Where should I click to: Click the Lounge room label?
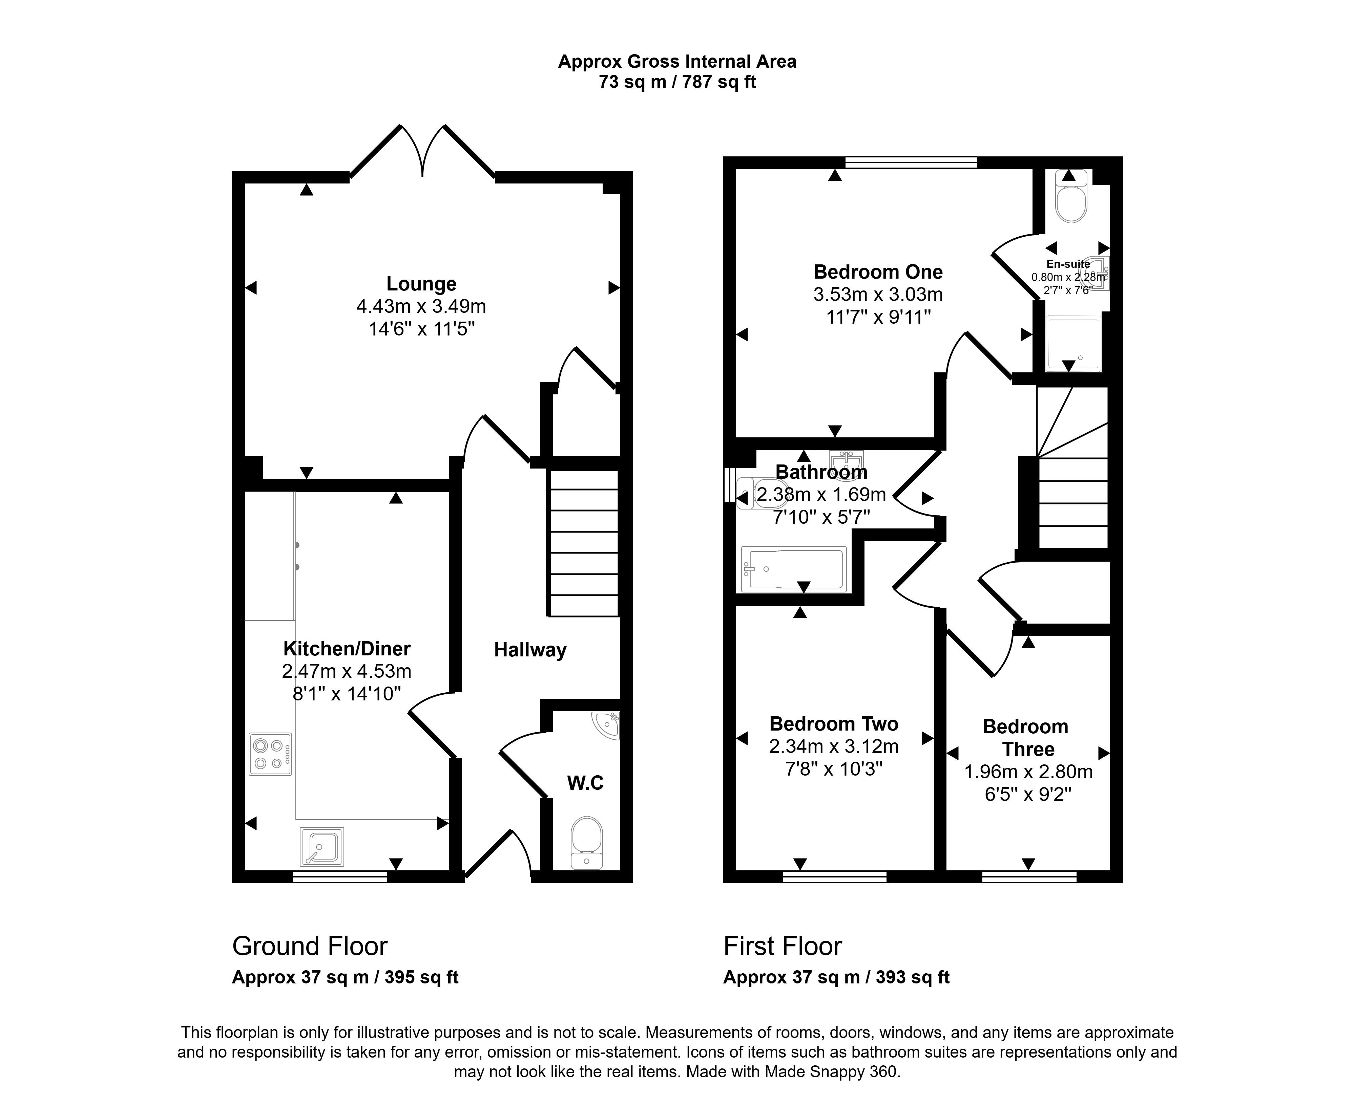(421, 284)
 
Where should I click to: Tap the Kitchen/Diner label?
(347, 649)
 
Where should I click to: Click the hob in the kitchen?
(270, 754)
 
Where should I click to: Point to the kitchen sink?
(322, 847)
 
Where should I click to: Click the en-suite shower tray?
(1073, 343)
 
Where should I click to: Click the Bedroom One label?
(878, 272)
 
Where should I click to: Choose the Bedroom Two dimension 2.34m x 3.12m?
(834, 746)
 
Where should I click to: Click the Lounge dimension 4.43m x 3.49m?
(421, 306)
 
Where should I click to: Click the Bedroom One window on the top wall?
(911, 162)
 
